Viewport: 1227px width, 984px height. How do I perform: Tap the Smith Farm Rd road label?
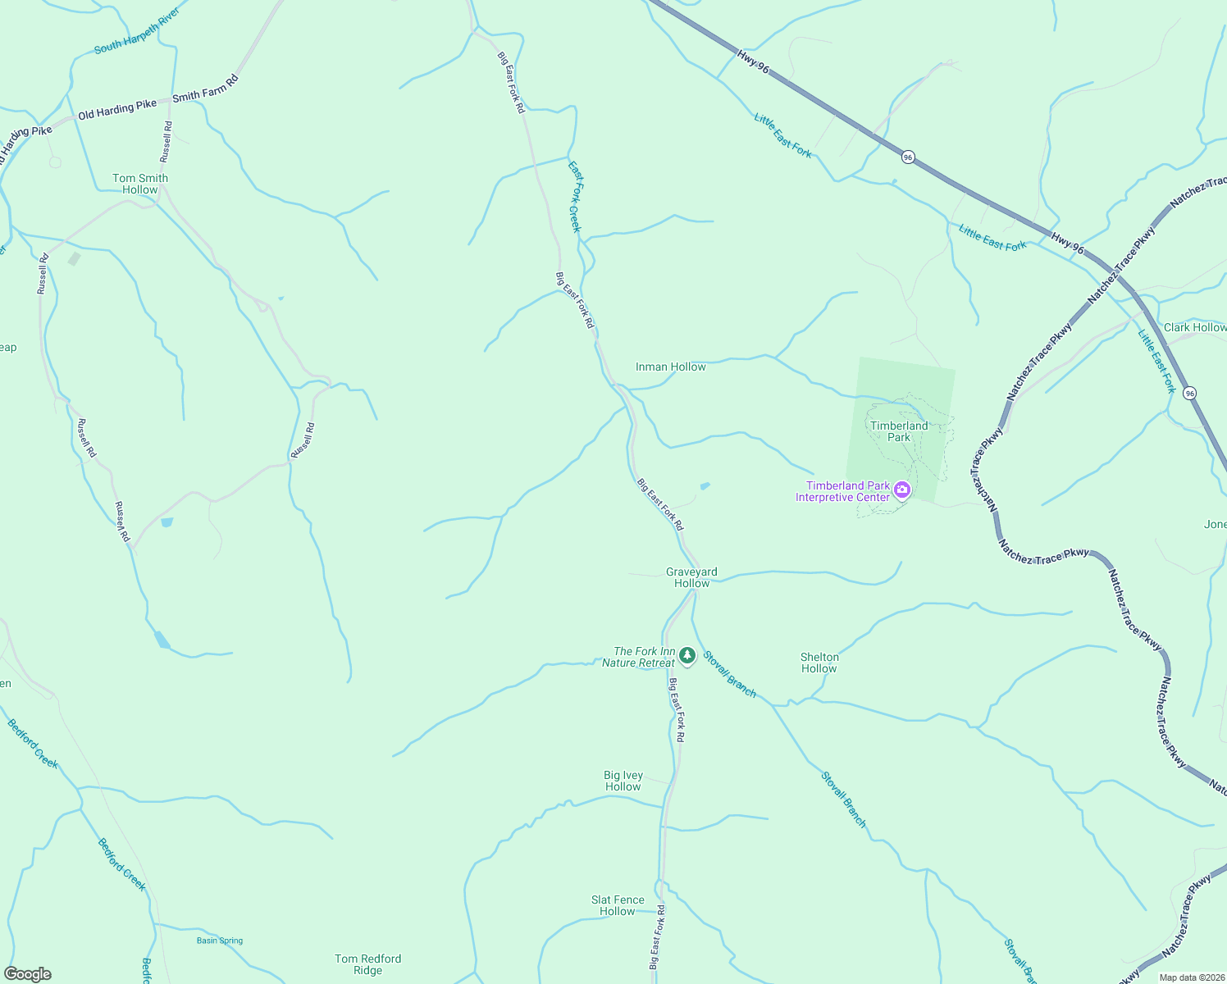click(205, 89)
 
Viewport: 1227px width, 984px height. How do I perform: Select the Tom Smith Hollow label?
click(140, 184)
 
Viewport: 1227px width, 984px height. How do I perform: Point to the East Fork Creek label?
click(575, 197)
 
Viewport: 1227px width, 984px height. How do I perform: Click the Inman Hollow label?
click(670, 367)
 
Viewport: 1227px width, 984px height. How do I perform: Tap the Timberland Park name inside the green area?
click(899, 431)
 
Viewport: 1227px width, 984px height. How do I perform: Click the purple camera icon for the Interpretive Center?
click(902, 490)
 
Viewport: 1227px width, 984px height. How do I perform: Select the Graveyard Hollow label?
click(691, 577)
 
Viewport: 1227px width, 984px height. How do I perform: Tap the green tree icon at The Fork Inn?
click(687, 656)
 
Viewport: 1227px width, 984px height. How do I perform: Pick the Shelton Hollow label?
click(819, 663)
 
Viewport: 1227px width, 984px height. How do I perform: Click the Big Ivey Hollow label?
click(623, 781)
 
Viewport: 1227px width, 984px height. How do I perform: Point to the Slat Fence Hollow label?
click(618, 905)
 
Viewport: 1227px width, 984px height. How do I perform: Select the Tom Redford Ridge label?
click(367, 964)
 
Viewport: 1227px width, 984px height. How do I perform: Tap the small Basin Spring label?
click(220, 941)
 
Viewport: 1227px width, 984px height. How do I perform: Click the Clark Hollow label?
click(1194, 327)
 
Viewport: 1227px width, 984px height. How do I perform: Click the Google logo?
click(28, 974)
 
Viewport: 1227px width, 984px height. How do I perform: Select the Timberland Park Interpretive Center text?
click(842, 491)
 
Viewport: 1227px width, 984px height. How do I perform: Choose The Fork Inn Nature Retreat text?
click(639, 657)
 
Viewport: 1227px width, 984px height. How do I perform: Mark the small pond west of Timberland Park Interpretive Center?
click(705, 486)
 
